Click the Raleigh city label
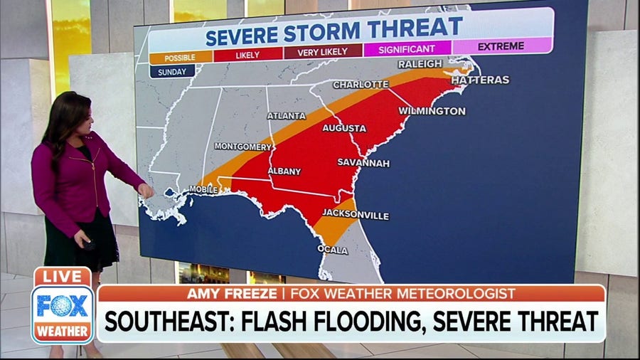420,63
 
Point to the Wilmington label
432,111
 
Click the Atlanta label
286,115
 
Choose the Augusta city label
344,128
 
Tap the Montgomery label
242,146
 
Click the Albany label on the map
284,171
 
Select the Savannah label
363,163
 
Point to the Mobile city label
203,189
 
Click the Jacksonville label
356,214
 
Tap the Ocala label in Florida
333,250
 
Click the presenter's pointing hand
146,190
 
